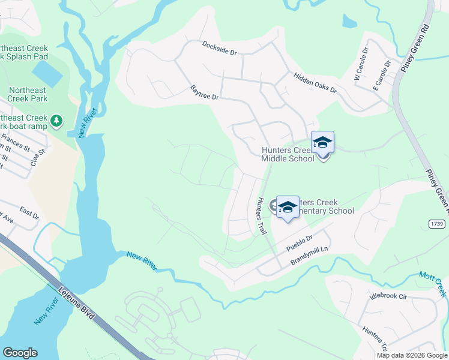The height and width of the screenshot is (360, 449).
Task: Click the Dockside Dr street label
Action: tap(219, 48)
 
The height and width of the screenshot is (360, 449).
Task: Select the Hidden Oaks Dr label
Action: tap(315, 82)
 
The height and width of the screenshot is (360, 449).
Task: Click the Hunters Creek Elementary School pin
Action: tap(288, 208)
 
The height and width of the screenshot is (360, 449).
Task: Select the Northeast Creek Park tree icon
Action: tap(56, 121)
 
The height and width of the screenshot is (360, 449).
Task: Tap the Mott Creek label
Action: tap(433, 282)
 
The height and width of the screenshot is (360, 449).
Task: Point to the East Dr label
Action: tap(28, 212)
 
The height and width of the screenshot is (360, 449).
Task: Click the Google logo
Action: tap(20, 353)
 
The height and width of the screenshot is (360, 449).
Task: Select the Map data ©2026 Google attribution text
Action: tap(411, 355)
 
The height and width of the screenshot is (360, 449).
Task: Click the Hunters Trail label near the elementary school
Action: tap(261, 215)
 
